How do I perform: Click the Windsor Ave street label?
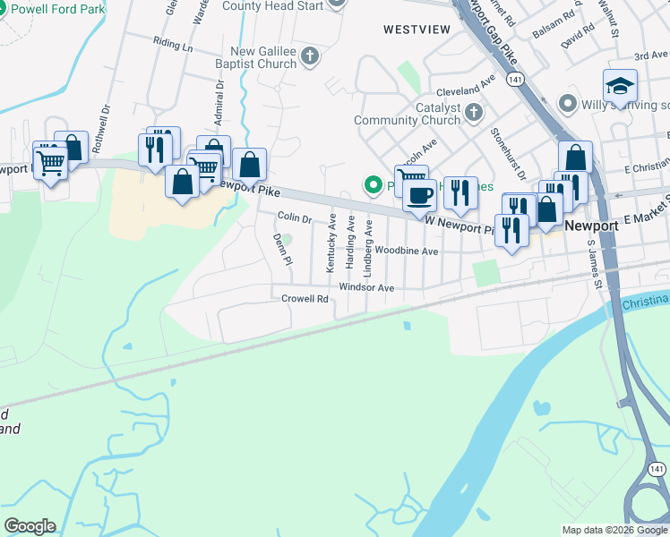[366, 287]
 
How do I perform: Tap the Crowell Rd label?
[305, 298]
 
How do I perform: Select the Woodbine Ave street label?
[407, 251]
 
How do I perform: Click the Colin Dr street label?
[294, 217]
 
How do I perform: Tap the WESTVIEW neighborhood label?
[417, 30]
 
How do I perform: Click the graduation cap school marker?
[620, 87]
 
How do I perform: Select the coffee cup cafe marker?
[419, 194]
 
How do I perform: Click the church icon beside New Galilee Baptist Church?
[310, 57]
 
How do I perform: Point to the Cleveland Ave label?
[466, 90]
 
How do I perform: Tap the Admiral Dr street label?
[218, 101]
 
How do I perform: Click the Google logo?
[30, 526]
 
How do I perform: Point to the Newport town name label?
[591, 226]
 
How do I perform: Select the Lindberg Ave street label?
[367, 242]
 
